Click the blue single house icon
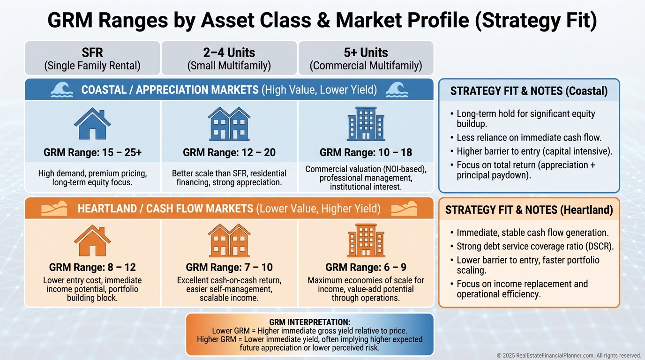(92, 124)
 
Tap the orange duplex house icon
(229, 240)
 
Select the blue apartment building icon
(366, 124)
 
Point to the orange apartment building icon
(366, 240)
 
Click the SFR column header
(92, 58)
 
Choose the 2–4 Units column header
(229, 58)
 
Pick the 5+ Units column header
(366, 58)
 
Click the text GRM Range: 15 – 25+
(92, 152)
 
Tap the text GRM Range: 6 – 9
(366, 267)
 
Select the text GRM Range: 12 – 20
(229, 152)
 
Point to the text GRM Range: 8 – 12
(92, 267)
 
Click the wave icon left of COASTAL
(62, 90)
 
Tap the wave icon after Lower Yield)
(397, 90)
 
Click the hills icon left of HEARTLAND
(54, 209)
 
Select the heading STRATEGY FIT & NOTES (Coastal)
(529, 91)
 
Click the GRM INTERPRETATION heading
(309, 322)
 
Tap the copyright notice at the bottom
(569, 355)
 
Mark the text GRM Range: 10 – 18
(366, 152)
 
